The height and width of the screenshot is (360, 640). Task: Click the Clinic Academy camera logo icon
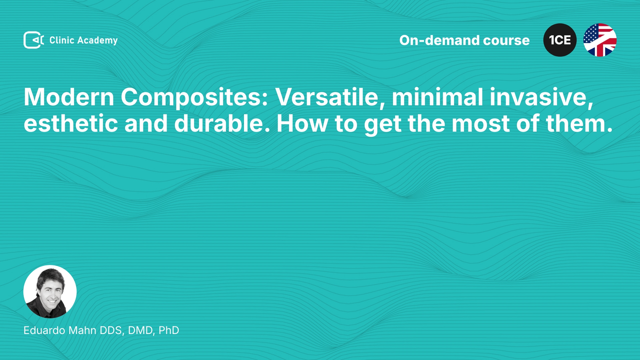[34, 40]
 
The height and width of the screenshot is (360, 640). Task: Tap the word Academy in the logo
[97, 41]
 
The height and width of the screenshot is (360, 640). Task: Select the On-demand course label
[464, 40]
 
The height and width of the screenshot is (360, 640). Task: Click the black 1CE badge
[560, 40]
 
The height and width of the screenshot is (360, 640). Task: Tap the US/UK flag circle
[600, 40]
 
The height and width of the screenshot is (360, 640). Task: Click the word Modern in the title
[69, 97]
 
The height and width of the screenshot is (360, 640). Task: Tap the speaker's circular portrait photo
[50, 292]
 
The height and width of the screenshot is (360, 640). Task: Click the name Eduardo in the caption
[44, 330]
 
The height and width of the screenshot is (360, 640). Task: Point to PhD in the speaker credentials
[169, 330]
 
